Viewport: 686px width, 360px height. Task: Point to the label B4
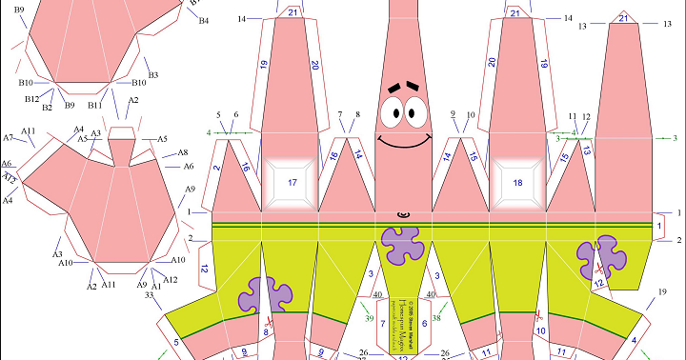(203, 21)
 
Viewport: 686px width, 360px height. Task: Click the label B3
(152, 74)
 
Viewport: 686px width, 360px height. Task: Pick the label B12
(31, 98)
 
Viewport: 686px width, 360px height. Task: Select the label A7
(9, 138)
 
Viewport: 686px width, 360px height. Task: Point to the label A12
(171, 279)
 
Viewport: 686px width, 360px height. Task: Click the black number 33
(149, 295)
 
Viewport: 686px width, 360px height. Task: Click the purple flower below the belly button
(403, 243)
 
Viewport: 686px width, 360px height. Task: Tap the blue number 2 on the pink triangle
(218, 169)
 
